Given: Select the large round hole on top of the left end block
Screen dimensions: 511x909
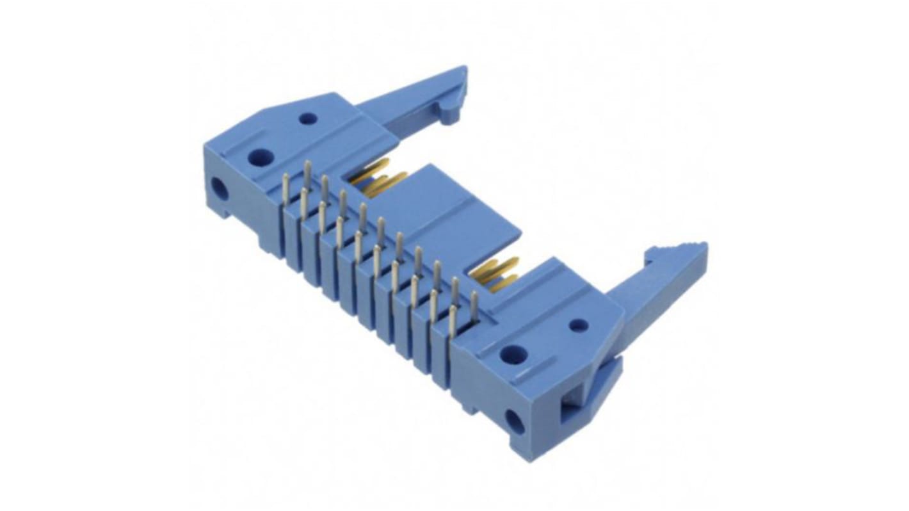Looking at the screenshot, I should tap(261, 157).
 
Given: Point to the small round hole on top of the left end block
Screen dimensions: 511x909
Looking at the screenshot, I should tap(308, 118).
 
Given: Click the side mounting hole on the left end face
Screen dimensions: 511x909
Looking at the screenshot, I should tap(219, 189).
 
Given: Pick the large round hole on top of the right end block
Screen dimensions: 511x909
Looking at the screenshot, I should tap(513, 354).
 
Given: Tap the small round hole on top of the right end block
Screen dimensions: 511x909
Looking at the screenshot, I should tap(579, 325).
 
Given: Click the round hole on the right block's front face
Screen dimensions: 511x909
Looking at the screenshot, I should tap(514, 421).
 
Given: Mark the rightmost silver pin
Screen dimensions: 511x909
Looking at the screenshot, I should tap(474, 305).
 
